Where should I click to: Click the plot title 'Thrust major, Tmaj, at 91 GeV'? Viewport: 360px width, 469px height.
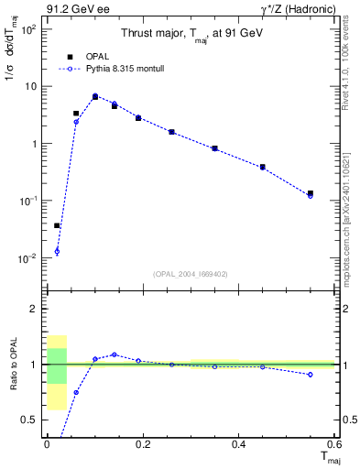point(191,34)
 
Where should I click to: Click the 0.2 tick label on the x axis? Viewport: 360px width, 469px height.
point(142,444)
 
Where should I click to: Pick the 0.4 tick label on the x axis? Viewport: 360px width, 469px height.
point(238,444)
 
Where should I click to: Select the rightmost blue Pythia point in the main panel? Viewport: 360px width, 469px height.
point(311,196)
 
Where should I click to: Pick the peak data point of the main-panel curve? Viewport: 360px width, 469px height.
point(95,96)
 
